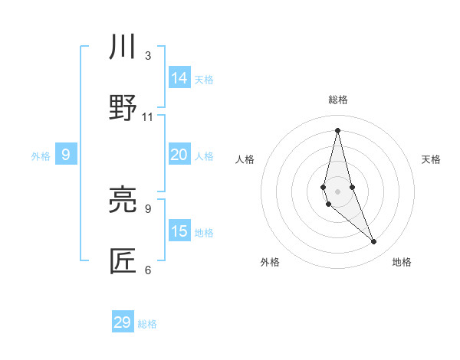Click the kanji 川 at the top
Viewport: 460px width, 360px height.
tap(123, 47)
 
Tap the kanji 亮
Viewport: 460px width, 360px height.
tap(123, 201)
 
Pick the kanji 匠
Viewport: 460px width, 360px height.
tap(123, 262)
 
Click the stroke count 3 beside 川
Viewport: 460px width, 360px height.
tap(148, 55)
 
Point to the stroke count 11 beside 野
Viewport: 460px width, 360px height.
tap(148, 116)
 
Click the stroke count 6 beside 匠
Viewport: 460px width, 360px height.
tap(148, 270)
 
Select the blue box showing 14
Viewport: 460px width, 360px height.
tap(179, 78)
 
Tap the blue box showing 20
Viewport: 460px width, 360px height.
tap(179, 155)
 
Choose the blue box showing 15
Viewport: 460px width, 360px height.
tap(179, 231)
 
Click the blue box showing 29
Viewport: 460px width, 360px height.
tap(123, 322)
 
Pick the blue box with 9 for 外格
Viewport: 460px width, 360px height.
tap(66, 155)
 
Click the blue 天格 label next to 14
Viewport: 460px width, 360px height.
tap(204, 80)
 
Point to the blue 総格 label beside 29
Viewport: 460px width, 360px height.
tap(147, 324)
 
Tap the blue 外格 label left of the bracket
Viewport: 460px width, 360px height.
tap(41, 156)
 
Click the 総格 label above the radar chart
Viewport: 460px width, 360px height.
tap(338, 100)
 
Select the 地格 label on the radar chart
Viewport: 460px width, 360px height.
tap(402, 262)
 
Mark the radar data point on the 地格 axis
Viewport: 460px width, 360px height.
tap(374, 242)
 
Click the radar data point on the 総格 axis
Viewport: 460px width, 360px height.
tap(338, 129)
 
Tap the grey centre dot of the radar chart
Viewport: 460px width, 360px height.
tap(338, 191)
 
